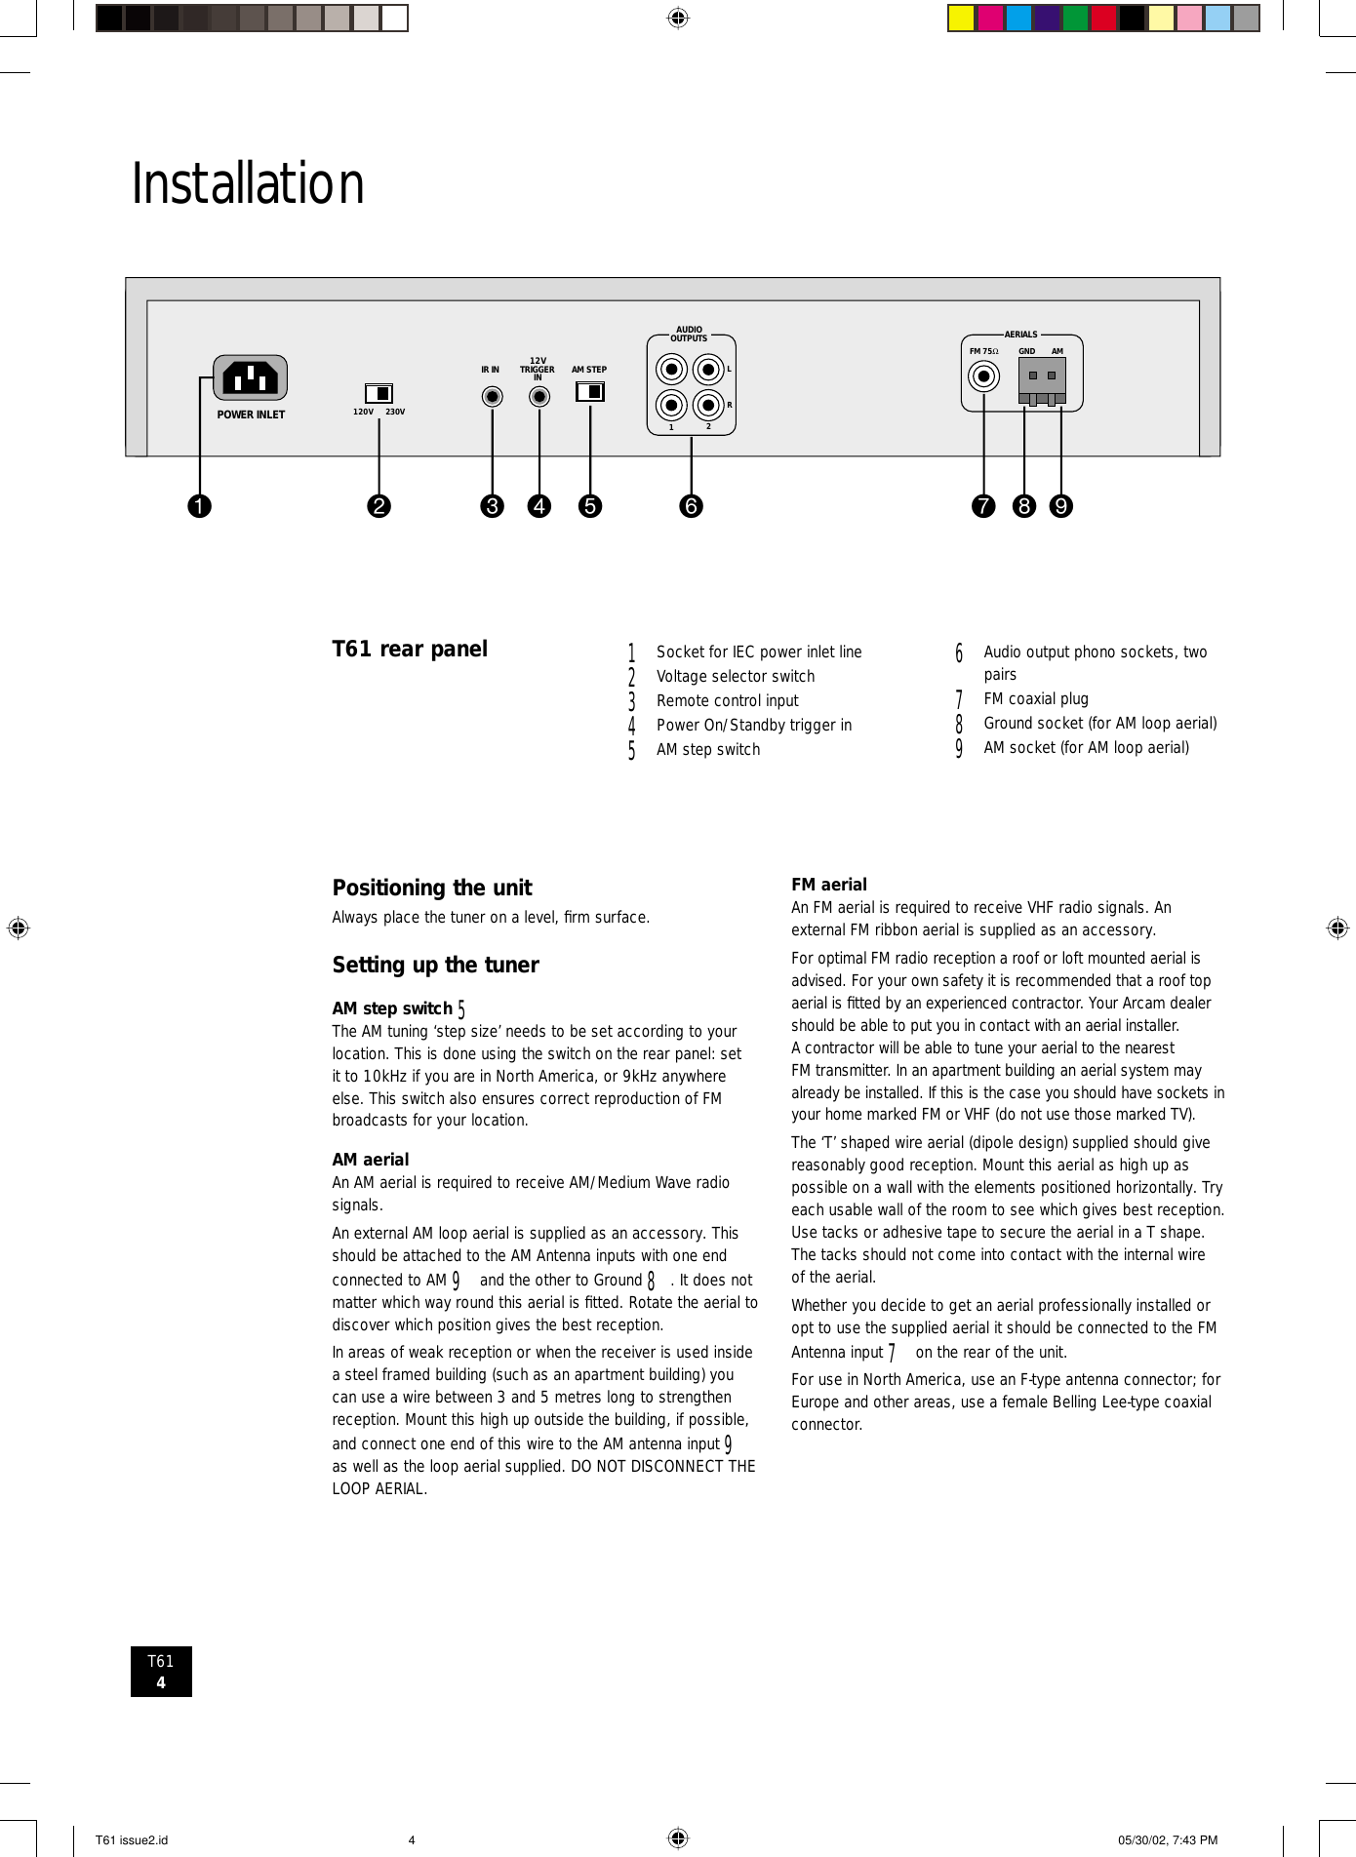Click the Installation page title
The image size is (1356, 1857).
[x=248, y=183]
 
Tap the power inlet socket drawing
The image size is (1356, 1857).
[x=251, y=377]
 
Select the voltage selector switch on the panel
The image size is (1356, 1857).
[x=379, y=393]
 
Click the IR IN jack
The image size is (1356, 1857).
[x=493, y=396]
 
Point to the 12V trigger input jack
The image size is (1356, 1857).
[x=538, y=396]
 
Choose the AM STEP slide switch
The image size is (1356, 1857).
[x=590, y=391]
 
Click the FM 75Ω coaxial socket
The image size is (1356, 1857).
[x=983, y=375]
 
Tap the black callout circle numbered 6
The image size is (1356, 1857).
[x=691, y=506]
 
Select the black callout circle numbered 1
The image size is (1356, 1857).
[x=199, y=506]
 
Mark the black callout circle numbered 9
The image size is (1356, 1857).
[x=1060, y=506]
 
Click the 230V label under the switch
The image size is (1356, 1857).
[x=395, y=413]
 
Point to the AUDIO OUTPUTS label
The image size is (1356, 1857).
[x=689, y=335]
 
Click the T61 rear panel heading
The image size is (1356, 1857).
[x=410, y=650]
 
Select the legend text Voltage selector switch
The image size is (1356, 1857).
[x=736, y=676]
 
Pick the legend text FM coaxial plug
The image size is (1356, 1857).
[x=1035, y=699]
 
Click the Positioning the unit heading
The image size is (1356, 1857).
[x=432, y=888]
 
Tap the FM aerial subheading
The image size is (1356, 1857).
[x=829, y=885]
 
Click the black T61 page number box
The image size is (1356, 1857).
[x=161, y=1672]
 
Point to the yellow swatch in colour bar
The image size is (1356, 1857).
[x=961, y=19]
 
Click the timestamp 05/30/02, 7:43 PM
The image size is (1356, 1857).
[x=1168, y=1840]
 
